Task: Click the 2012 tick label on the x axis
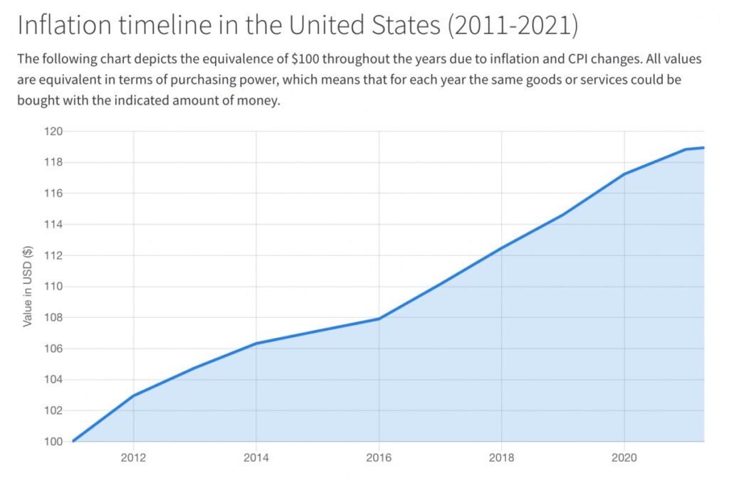133,456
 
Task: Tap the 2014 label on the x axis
256,456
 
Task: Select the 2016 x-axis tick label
378,456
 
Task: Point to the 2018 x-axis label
501,456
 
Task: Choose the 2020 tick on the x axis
624,456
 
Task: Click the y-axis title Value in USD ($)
28,287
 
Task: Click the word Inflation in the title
63,26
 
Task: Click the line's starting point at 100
73,441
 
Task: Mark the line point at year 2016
378,319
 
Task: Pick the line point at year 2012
134,395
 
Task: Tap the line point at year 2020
624,174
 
